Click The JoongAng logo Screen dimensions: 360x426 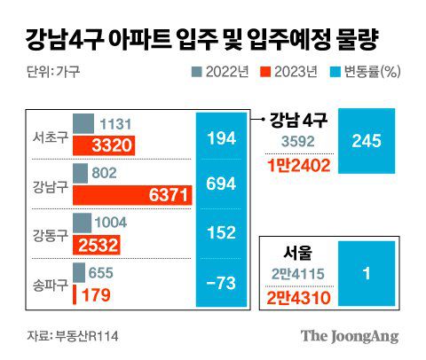click(349, 335)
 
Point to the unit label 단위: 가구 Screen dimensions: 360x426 click(47, 73)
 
